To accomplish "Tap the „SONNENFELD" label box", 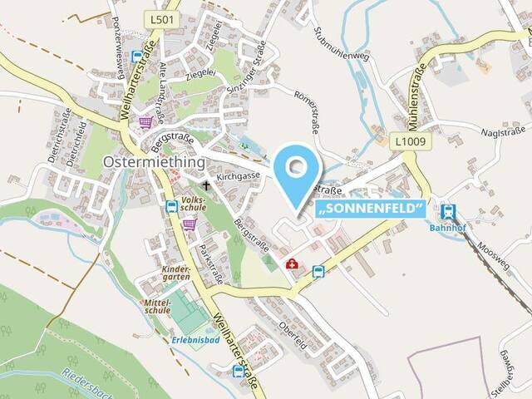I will click(371, 208).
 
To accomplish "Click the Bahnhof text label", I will click(449, 229).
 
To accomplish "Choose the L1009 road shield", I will click(410, 141).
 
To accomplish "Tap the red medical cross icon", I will click(292, 264).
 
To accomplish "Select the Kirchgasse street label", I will click(238, 176).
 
